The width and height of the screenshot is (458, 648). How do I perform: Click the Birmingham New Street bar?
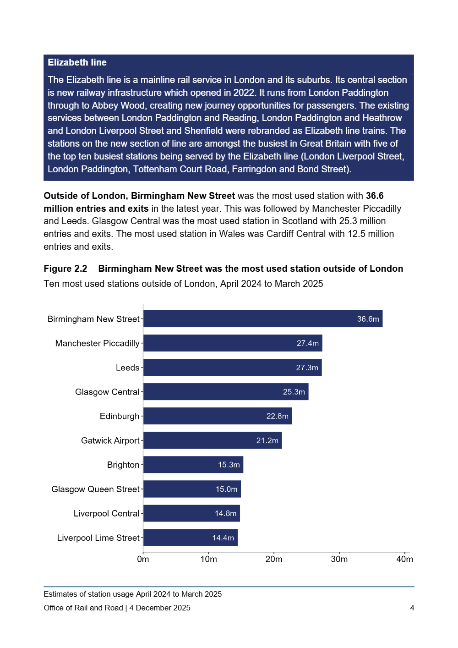pyautogui.click(x=262, y=319)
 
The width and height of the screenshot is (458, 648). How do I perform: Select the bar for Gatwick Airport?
pyautogui.click(x=212, y=440)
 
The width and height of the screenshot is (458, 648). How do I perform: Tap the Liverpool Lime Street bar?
pyautogui.click(x=190, y=538)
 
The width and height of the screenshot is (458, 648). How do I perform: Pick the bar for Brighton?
pyautogui.click(x=193, y=465)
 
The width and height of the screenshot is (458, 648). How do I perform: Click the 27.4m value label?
pyautogui.click(x=307, y=343)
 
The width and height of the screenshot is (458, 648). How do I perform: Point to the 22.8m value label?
pyautogui.click(x=277, y=416)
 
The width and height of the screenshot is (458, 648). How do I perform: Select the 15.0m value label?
pyautogui.click(x=226, y=489)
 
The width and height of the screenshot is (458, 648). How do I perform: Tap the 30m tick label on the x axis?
pyautogui.click(x=339, y=559)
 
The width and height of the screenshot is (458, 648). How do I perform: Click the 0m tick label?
pyautogui.click(x=143, y=559)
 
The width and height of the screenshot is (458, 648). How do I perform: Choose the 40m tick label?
pyautogui.click(x=404, y=559)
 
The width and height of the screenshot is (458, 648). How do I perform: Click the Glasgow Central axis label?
pyautogui.click(x=107, y=392)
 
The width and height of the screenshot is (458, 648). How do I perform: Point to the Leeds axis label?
pyautogui.click(x=127, y=368)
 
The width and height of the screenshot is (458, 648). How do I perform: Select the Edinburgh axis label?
pyautogui.click(x=120, y=416)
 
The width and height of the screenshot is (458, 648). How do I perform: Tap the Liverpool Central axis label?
pyautogui.click(x=106, y=513)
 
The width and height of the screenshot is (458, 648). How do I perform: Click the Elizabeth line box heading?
pyautogui.click(x=77, y=62)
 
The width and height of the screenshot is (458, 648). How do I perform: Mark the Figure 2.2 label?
pyautogui.click(x=65, y=269)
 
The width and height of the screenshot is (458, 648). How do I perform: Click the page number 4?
pyautogui.click(x=412, y=608)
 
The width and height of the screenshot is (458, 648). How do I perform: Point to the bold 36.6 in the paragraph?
pyautogui.click(x=375, y=196)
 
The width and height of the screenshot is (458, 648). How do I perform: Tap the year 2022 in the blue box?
pyautogui.click(x=245, y=93)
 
